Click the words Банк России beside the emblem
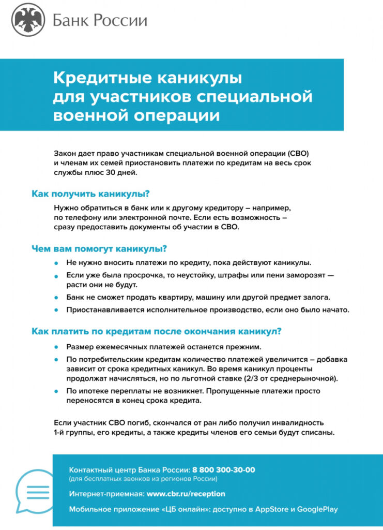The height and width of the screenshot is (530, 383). [99, 21]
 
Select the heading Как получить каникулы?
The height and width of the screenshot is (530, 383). [90, 194]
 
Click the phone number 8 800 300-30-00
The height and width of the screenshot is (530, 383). [223, 470]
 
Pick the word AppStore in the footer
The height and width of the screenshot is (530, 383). [271, 509]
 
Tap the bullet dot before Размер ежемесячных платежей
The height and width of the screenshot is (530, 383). [57, 347]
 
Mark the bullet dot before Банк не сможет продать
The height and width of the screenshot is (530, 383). [57, 298]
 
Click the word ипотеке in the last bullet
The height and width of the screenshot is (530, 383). [94, 391]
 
